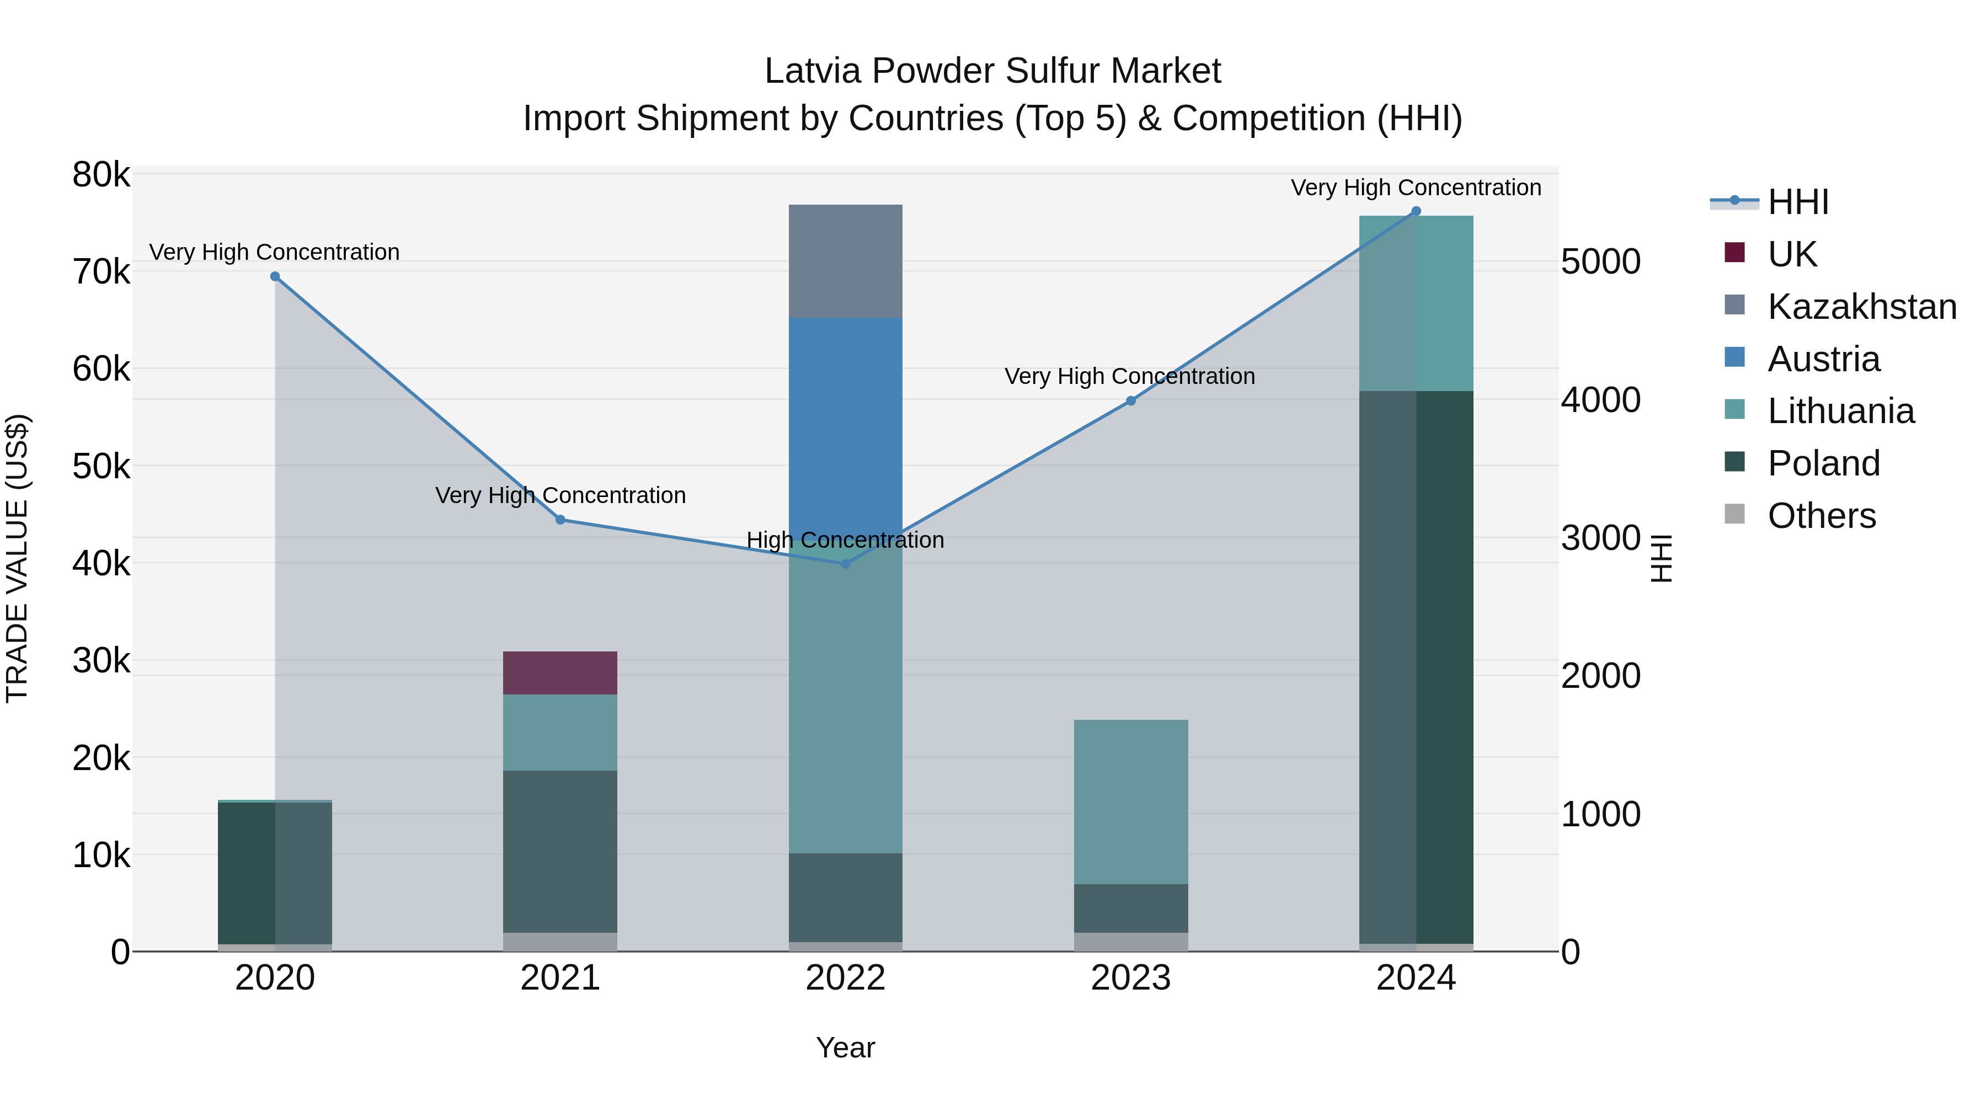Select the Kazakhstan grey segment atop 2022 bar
click(845, 260)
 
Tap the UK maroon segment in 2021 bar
click(560, 672)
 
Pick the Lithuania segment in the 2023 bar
click(1130, 801)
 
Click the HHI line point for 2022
click(845, 564)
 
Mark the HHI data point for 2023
click(1130, 401)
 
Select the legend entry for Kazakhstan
click(1861, 307)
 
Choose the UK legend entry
click(1792, 254)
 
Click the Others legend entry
click(1821, 516)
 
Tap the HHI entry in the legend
click(1798, 202)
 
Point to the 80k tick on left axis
click(101, 175)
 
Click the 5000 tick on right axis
click(1600, 262)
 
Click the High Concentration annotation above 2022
click(845, 539)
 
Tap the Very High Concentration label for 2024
click(1416, 188)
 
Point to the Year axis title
click(845, 1047)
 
